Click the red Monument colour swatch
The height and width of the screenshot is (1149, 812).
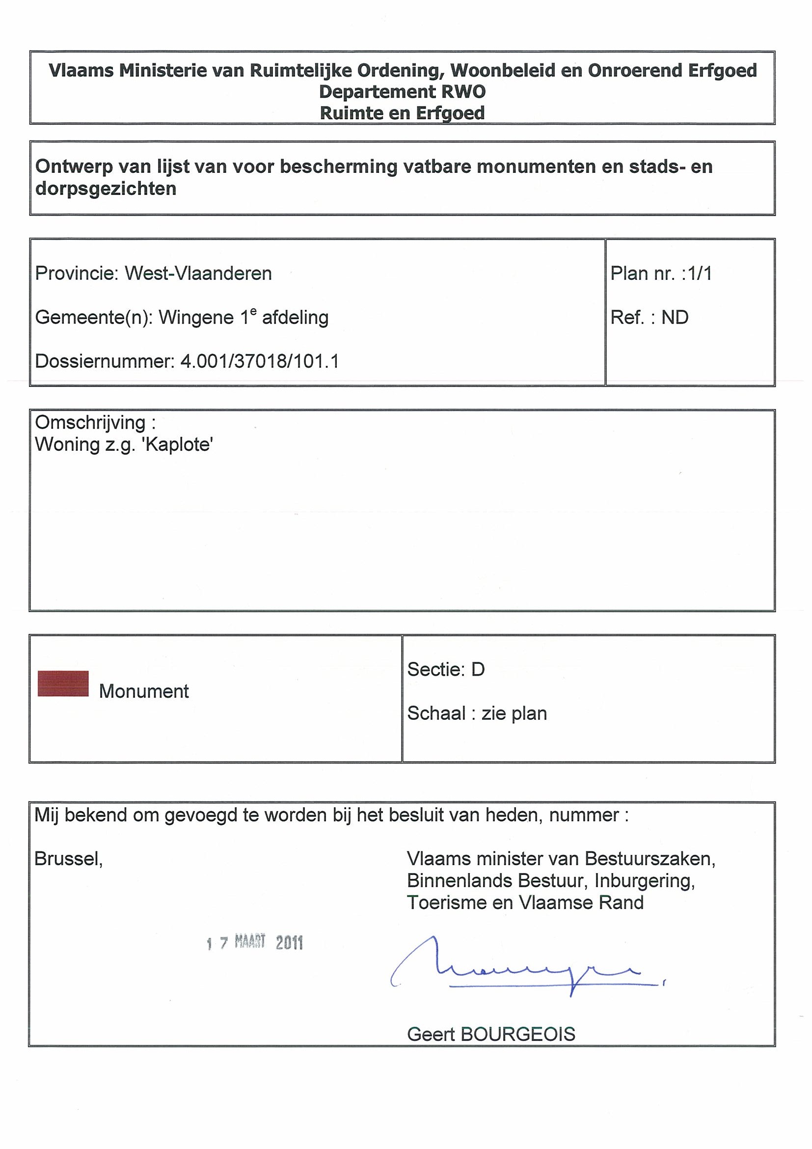click(63, 684)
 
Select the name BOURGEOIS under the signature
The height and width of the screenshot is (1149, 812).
click(518, 1034)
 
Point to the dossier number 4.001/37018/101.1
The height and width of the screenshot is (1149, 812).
click(260, 361)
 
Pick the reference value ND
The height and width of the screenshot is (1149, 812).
click(675, 317)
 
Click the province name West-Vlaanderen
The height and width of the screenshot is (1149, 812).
click(198, 273)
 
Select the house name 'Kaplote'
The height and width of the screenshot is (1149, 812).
click(178, 444)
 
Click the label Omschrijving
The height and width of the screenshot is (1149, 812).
click(90, 422)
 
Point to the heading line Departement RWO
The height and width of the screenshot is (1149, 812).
click(402, 92)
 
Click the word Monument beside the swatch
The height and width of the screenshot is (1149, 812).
click(143, 691)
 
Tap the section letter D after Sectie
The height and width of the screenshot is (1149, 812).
click(478, 669)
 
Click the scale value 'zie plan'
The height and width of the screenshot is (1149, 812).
click(514, 713)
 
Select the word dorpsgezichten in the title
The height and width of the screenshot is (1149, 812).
click(106, 189)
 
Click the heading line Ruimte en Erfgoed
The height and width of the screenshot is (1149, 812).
click(402, 113)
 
